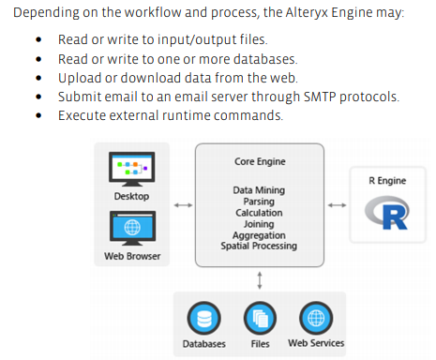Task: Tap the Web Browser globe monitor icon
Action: (131, 228)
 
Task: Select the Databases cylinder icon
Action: (203, 316)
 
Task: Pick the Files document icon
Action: (259, 316)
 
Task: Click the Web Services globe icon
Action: (314, 316)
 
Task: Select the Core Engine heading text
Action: (260, 161)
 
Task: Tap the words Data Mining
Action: (259, 190)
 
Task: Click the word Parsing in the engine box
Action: (259, 202)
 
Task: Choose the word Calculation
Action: (259, 213)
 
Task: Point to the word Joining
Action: (259, 224)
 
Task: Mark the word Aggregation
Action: (259, 235)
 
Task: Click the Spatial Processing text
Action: (259, 247)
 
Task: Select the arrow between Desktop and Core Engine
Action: (182, 206)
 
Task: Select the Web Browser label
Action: (131, 257)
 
